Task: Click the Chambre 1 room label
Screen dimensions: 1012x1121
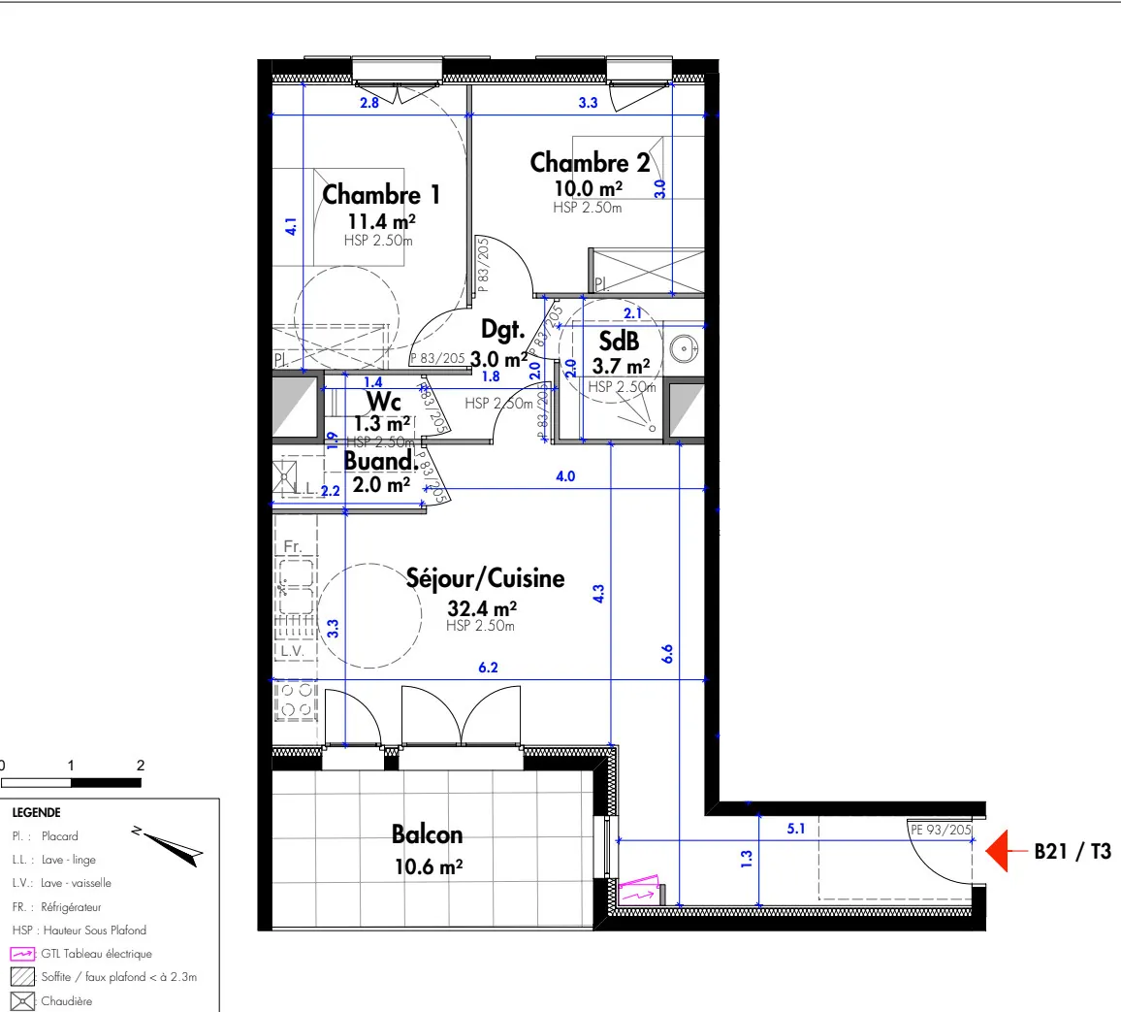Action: tap(381, 195)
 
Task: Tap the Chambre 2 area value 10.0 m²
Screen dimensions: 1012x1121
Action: tap(588, 189)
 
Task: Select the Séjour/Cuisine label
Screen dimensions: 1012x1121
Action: tap(485, 579)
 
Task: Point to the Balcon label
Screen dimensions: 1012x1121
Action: tap(427, 834)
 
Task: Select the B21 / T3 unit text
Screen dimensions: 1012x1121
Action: tap(1073, 852)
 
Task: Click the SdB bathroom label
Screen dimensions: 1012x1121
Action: tap(619, 341)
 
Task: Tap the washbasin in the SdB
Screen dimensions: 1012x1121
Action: tap(686, 346)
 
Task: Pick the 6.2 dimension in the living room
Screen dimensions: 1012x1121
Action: tap(487, 668)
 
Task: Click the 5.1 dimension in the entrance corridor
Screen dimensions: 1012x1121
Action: tap(796, 829)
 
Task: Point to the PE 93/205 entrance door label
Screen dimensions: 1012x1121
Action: tap(940, 830)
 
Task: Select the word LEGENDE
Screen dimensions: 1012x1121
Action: tap(37, 813)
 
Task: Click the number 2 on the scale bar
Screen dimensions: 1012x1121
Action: tap(141, 766)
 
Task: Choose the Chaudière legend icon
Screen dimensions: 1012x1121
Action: tap(23, 1001)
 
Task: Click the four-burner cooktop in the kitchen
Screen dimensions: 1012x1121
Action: tap(296, 701)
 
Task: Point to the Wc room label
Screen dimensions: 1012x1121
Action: tap(384, 402)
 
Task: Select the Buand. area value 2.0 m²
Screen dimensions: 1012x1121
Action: tap(381, 484)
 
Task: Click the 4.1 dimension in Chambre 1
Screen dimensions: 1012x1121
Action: tap(291, 226)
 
